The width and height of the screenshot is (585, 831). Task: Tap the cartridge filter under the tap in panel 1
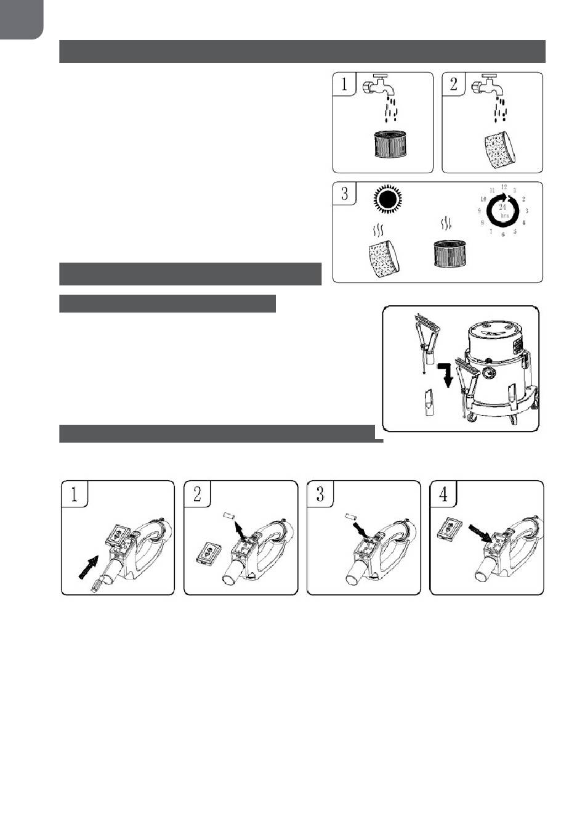390,144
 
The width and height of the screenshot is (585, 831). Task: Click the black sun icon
387,200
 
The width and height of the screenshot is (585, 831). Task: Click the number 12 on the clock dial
504,187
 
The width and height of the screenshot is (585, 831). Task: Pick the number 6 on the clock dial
502,234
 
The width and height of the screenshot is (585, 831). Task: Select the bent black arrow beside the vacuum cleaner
446,375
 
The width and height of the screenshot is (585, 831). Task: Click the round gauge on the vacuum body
488,371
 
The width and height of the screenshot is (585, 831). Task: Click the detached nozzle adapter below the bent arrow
429,403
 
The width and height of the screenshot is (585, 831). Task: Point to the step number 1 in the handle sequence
74,494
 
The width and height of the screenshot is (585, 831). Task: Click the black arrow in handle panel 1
89,567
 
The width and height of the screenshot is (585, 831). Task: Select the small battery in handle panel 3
350,516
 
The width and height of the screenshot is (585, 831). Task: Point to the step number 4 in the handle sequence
443,494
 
